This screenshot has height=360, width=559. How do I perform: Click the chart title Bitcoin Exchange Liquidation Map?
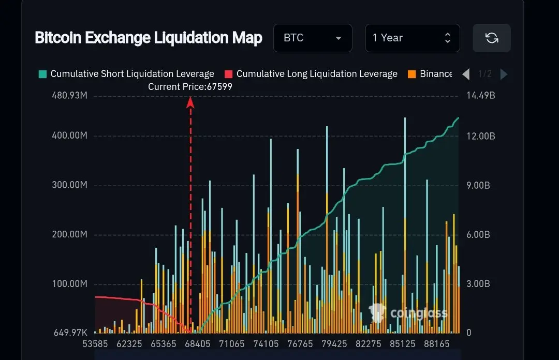(x=149, y=38)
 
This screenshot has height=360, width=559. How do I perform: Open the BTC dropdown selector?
(x=313, y=38)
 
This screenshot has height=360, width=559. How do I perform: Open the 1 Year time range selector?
(x=412, y=38)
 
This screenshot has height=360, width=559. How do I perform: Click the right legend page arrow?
(x=504, y=74)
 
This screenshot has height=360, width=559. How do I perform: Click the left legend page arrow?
(x=466, y=74)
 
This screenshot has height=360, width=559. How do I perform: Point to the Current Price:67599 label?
(x=190, y=87)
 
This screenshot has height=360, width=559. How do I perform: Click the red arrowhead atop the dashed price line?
(x=190, y=102)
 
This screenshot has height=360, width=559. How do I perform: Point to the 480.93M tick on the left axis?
(x=69, y=96)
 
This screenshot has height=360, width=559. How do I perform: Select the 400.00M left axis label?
(x=69, y=136)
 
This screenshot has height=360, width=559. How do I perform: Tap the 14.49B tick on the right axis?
(x=481, y=96)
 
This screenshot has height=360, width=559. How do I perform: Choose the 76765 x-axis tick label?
(x=300, y=343)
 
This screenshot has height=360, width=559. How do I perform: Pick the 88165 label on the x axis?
(x=436, y=343)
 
